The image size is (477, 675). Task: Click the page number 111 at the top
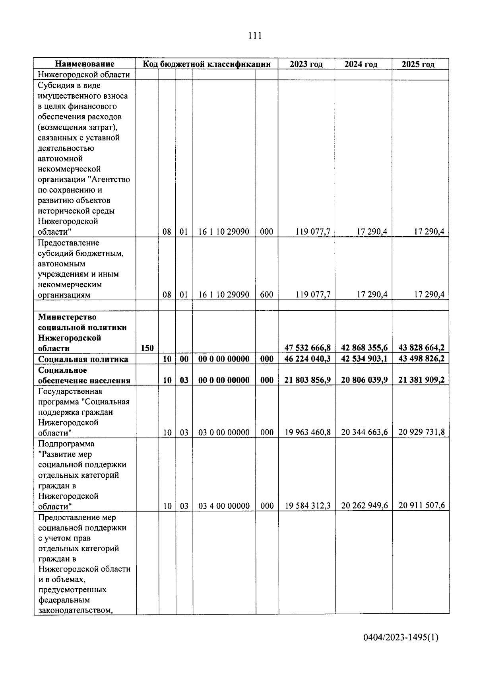(x=254, y=36)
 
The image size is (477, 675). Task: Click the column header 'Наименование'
(x=85, y=64)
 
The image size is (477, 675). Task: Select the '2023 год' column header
(x=306, y=64)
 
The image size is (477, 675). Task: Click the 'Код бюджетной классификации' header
(x=207, y=64)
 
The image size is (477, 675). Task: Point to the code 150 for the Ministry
(x=147, y=348)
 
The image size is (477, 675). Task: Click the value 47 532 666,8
(x=307, y=348)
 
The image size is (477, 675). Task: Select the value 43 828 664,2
(x=421, y=348)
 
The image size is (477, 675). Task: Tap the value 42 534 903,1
(x=364, y=359)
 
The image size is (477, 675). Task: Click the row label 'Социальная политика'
(x=83, y=359)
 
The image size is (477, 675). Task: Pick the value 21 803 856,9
(x=307, y=380)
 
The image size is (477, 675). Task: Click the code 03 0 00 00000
(x=224, y=432)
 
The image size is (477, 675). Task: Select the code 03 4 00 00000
(x=224, y=506)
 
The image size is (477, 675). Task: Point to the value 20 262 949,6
(x=364, y=506)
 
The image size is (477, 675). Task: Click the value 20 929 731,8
(x=421, y=432)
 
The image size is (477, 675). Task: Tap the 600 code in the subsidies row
(x=266, y=295)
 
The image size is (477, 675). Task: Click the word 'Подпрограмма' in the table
(x=66, y=444)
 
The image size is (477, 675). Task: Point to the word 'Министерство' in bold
(x=67, y=317)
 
